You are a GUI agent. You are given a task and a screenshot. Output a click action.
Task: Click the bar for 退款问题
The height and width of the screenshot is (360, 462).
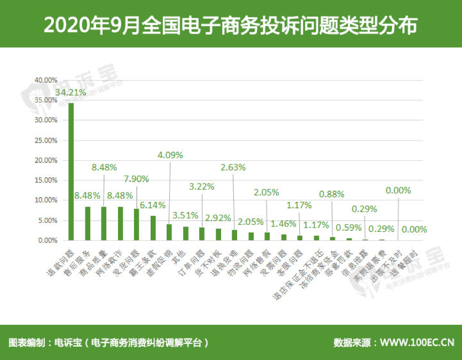click(71, 171)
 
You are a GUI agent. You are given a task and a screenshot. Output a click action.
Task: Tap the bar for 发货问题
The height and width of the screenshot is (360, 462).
click(136, 224)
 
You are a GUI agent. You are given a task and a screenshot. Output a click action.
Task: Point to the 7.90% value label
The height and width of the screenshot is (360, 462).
click(137, 178)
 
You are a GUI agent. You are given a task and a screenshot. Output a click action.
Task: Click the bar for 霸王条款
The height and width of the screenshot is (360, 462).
click(153, 228)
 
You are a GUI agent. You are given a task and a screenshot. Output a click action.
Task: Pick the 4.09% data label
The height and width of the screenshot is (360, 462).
click(170, 155)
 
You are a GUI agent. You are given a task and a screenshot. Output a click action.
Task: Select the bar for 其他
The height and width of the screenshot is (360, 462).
click(185, 233)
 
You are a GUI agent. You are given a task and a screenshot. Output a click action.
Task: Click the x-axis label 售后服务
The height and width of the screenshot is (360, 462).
click(77, 262)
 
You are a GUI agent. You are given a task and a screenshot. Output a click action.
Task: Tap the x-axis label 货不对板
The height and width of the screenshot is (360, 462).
click(208, 262)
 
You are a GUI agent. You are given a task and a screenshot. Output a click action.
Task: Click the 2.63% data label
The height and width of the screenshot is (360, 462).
click(233, 167)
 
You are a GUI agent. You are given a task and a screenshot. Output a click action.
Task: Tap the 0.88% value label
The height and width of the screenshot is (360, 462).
click(332, 194)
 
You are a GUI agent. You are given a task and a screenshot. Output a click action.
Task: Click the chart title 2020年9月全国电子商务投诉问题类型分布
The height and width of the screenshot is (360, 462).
click(231, 25)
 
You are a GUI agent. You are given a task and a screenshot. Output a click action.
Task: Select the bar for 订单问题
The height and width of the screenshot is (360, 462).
click(202, 234)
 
